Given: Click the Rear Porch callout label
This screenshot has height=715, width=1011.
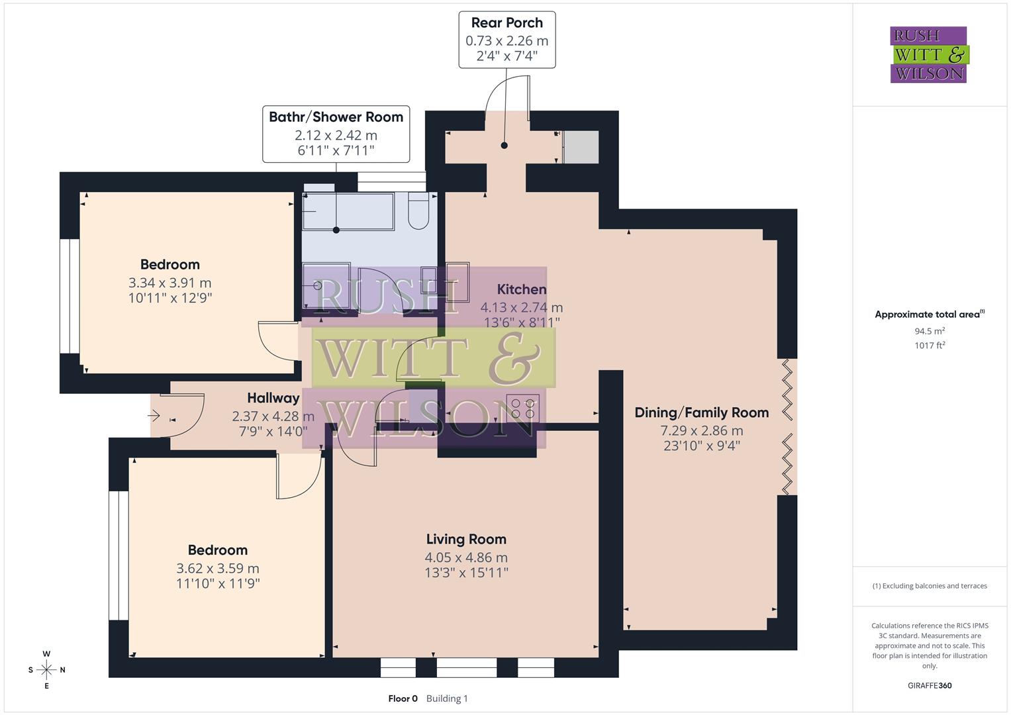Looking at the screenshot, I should tap(506, 23).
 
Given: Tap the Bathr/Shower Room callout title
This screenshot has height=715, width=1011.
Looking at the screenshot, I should tap(336, 117).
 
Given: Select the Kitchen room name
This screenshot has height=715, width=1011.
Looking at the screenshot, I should tap(522, 289).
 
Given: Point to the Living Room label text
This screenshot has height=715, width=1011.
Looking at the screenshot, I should tap(466, 540).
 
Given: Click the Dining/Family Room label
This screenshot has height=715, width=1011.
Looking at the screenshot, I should tap(701, 412).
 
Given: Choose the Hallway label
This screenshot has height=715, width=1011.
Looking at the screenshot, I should tap(273, 398).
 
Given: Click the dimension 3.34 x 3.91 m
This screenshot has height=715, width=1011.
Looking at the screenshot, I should tap(170, 283).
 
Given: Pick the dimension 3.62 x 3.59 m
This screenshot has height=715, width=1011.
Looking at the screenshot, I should tap(218, 568).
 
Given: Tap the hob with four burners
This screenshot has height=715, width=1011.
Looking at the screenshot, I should tap(522, 408).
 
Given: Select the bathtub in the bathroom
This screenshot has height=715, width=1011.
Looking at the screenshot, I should tap(348, 211).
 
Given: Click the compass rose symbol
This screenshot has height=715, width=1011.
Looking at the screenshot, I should tap(46, 670).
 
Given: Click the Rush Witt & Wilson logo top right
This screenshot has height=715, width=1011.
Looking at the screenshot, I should tap(928, 55).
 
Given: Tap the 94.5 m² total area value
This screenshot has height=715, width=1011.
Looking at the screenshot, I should tap(930, 331).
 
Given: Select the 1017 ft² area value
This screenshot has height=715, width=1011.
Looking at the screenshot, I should tap(930, 345).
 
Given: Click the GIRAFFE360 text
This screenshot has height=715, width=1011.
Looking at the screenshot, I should tap(930, 685).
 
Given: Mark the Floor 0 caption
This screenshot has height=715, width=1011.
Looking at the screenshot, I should tap(403, 698).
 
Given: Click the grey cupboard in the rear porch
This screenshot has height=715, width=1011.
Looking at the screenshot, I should tap(581, 147).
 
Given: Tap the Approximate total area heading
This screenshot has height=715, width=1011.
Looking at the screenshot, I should tap(929, 314).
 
